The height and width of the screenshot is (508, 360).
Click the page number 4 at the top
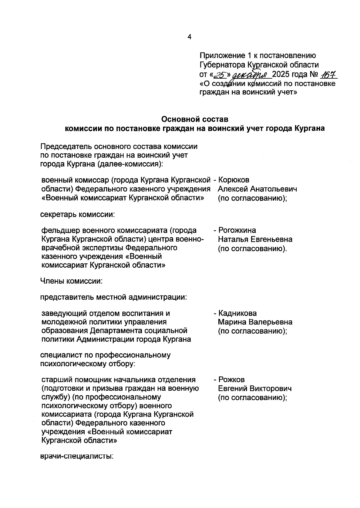189,37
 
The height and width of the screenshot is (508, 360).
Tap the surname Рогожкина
237,230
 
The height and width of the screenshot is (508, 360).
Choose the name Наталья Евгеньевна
255,239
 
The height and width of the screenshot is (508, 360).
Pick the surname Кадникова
237,313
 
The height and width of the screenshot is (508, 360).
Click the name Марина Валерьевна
255,322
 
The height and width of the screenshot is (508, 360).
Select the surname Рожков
231,380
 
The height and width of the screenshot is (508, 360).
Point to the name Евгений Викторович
255,389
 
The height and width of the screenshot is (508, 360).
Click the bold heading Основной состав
195,119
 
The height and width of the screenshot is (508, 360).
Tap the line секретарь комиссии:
78,215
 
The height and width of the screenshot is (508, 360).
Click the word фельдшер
56,230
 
